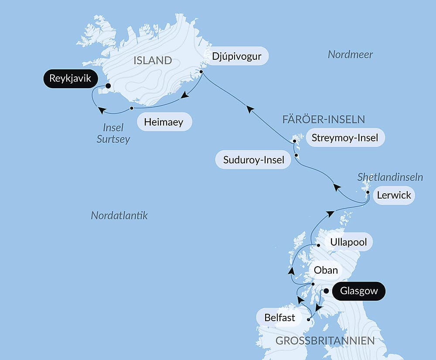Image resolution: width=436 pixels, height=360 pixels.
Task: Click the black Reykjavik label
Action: click(70, 79)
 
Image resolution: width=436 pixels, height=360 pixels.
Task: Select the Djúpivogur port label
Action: click(237, 56)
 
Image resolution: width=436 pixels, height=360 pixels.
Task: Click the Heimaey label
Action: click(164, 121)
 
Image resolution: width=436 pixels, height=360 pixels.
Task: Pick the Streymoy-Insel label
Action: click(347, 138)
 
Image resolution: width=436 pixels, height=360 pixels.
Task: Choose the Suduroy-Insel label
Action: click(253, 160)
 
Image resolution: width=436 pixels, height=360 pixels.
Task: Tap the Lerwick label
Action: click(394, 195)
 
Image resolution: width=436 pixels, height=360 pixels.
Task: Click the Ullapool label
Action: click(348, 242)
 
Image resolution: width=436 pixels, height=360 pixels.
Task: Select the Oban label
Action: click(326, 270)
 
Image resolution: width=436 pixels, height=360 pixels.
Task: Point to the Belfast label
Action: click(279, 318)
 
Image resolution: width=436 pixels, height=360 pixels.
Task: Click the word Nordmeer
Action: click(350, 55)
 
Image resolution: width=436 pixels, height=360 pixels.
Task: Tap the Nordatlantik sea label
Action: click(119, 215)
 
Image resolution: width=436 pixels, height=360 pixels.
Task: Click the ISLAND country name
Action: click(153, 61)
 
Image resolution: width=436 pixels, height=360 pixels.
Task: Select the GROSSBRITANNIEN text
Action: click(325, 341)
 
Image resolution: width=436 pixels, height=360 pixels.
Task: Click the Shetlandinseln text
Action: click(390, 177)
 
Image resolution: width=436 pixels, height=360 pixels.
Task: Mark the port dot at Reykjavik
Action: click(108, 86)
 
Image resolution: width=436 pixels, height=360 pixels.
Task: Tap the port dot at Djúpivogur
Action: click(201, 72)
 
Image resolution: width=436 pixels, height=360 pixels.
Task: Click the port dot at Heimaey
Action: click(131, 108)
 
